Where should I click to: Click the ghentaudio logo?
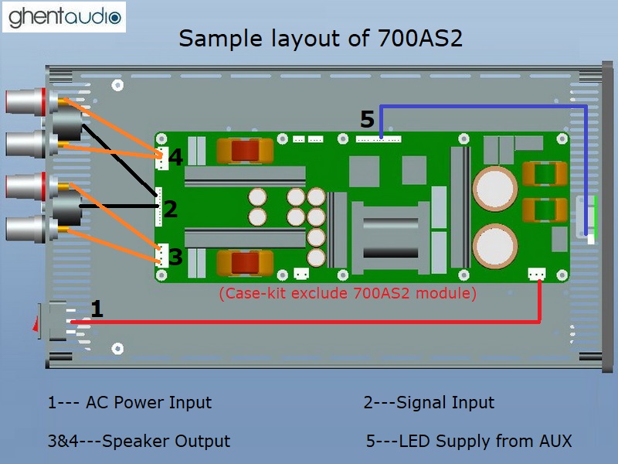pos(64,16)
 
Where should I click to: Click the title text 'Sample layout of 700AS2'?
pos(321,38)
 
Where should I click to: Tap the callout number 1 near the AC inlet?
pos(97,309)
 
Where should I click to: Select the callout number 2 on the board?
pos(171,208)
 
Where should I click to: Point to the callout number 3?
pos(176,257)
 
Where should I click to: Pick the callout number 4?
pos(176,158)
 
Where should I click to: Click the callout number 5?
pos(367,120)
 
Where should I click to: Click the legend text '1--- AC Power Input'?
pos(129,403)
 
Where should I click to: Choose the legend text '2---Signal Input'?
pos(429,403)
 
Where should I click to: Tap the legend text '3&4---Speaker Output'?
pos(138,442)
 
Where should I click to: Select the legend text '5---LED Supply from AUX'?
pos(469,442)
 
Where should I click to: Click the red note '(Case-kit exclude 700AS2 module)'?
pos(348,294)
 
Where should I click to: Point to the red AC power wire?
pos(309,322)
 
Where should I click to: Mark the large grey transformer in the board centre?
pos(391,231)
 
